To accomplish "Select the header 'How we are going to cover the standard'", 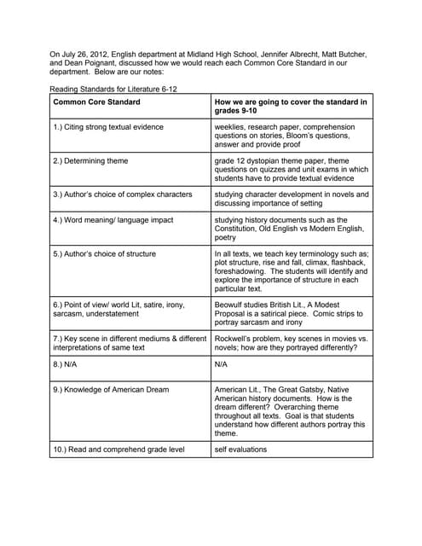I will pyautogui.click(x=291, y=102).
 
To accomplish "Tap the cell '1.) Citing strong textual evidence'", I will pyautogui.click(x=108, y=127).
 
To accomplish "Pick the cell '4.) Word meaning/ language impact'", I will pyautogui.click(x=113, y=220).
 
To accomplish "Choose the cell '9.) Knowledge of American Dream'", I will pyautogui.click(x=110, y=390).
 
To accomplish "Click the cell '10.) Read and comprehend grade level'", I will pyautogui.click(x=118, y=449).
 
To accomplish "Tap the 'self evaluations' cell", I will pyautogui.click(x=240, y=449).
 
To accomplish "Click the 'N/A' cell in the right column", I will pyautogui.click(x=222, y=363).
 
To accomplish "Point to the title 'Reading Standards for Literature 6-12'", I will pyautogui.click(x=113, y=89).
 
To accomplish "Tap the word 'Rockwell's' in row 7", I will pyautogui.click(x=235, y=339).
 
